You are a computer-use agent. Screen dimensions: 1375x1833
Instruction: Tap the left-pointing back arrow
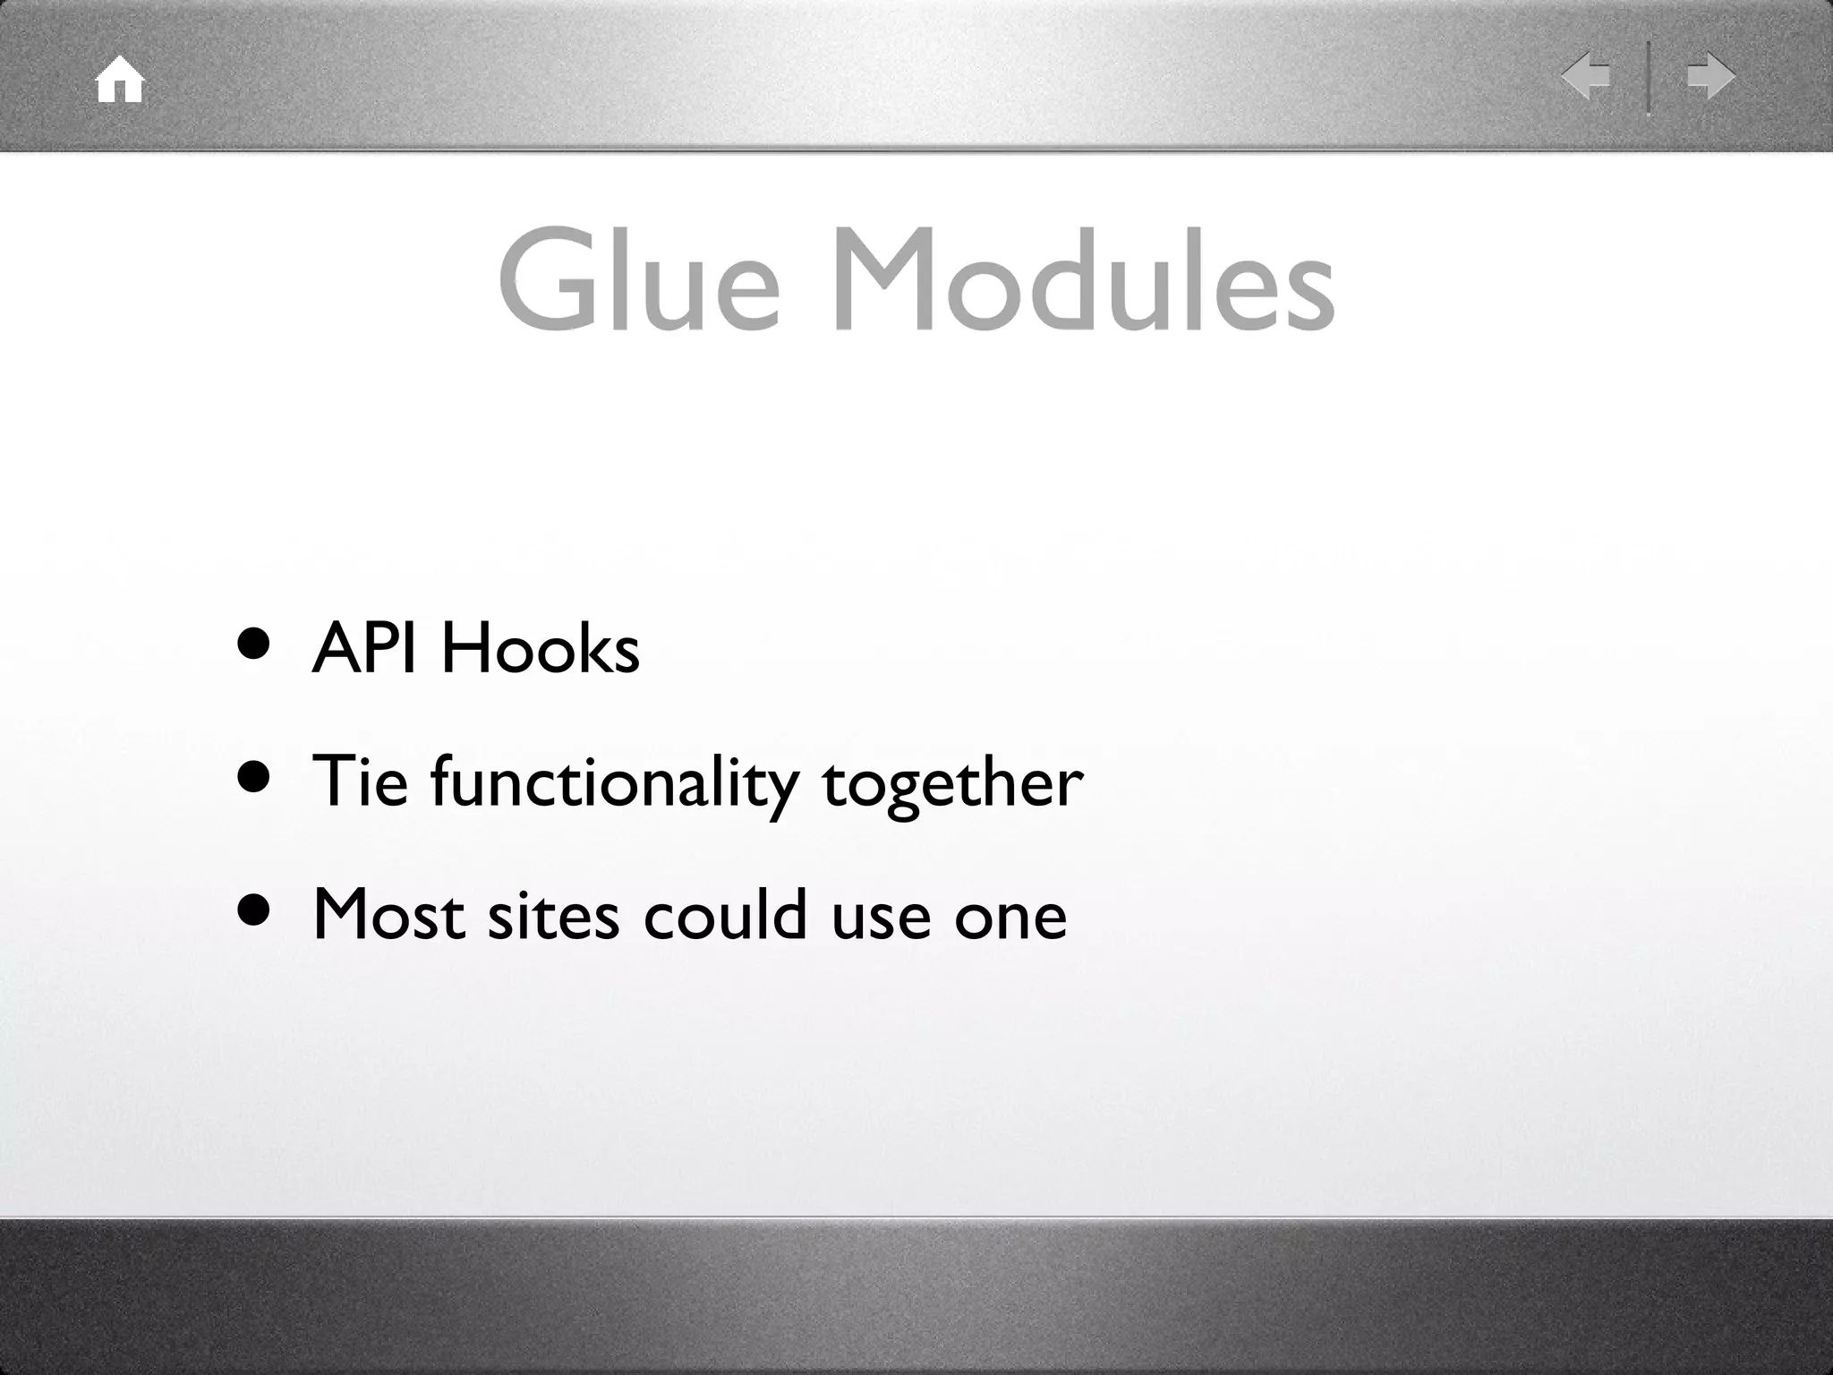pyautogui.click(x=1586, y=76)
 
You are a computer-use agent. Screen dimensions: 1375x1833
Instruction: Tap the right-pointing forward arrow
pyautogui.click(x=1711, y=76)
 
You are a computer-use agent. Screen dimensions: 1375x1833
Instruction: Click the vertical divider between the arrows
pyautogui.click(x=1649, y=78)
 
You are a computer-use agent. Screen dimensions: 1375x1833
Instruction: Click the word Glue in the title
pyautogui.click(x=639, y=279)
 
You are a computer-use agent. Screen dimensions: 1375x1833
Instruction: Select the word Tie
pyautogui.click(x=360, y=781)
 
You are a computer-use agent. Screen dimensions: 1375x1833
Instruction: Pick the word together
pyautogui.click(x=952, y=783)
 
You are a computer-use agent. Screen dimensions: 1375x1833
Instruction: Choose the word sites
pyautogui.click(x=552, y=916)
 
